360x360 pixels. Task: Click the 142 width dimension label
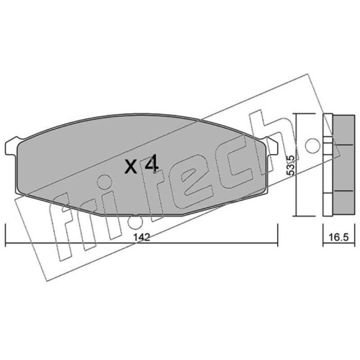142,237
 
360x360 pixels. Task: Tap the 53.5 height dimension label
291,165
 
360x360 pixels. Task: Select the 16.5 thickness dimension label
339,238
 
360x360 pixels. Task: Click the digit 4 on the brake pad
152,163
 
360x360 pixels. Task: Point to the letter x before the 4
131,166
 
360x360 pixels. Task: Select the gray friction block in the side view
344,165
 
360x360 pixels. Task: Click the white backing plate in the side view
328,165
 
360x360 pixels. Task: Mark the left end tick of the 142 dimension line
5,235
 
